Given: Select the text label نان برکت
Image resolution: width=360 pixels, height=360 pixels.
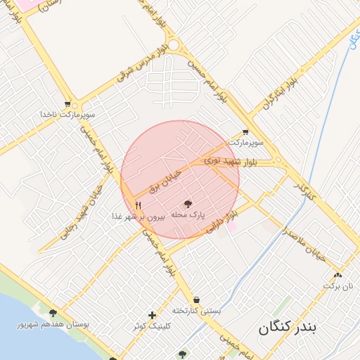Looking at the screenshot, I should pos(337,286).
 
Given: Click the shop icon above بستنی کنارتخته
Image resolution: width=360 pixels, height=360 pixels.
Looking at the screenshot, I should pos(195,299).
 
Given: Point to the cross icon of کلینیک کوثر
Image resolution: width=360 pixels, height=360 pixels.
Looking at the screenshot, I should pos(152,315).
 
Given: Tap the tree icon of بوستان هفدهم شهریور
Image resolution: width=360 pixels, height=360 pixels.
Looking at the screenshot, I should pos(53,313).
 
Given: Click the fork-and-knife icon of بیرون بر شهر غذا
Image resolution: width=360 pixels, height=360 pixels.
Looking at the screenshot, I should pos(139,205).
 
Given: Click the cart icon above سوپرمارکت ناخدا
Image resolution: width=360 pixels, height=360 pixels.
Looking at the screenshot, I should pos(67,103).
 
